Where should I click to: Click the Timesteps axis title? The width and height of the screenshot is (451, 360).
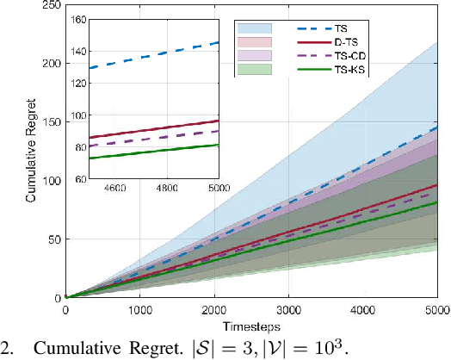tap(250, 328)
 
